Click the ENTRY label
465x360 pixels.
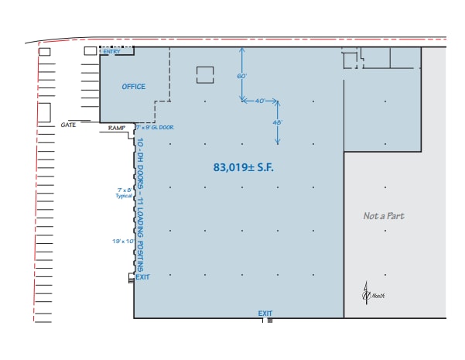click(111, 52)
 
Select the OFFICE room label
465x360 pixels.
click(133, 87)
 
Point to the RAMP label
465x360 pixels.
click(117, 128)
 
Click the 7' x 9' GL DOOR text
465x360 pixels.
click(156, 127)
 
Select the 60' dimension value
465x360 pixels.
click(241, 76)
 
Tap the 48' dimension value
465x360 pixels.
click(277, 122)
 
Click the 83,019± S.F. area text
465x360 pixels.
click(244, 166)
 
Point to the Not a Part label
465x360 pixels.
click(384, 216)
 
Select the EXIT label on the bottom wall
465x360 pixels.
click(265, 314)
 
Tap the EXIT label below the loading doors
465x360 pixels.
click(142, 276)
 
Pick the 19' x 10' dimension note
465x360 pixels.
click(122, 242)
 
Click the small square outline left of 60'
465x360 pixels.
click(205, 75)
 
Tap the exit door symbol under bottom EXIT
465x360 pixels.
click(268, 321)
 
